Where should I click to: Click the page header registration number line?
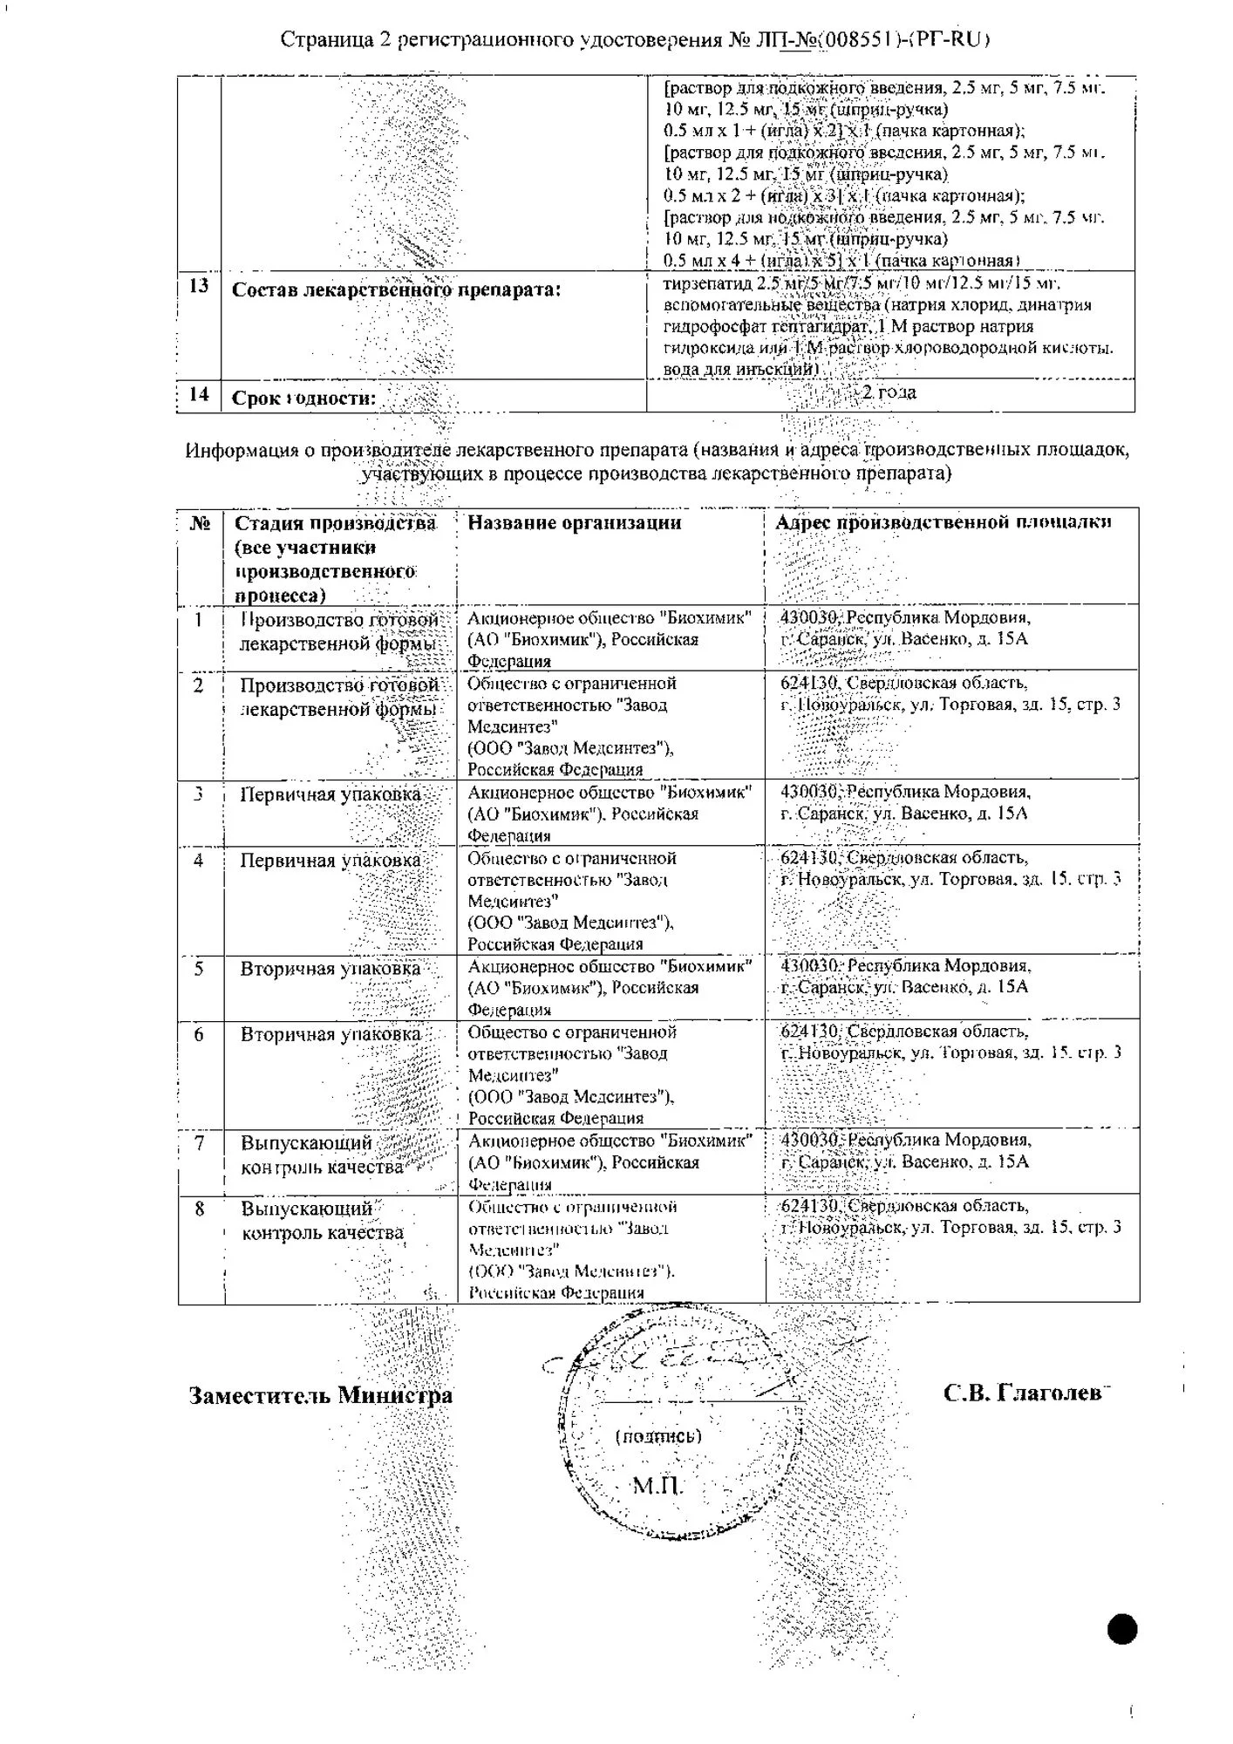tap(635, 40)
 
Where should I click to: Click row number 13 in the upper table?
tap(199, 286)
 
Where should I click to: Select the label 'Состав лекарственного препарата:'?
tap(396, 290)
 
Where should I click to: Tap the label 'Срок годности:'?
tap(303, 399)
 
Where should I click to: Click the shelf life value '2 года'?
tap(889, 392)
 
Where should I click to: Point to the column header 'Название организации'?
tap(574, 522)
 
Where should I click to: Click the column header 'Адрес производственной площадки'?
tap(943, 522)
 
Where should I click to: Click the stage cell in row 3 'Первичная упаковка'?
tap(330, 794)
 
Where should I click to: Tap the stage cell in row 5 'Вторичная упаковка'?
tap(330, 969)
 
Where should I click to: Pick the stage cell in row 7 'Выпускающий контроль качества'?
tap(322, 1155)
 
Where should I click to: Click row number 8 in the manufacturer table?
tap(200, 1209)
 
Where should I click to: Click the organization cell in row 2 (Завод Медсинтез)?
tap(571, 726)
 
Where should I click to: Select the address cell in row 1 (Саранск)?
tap(905, 628)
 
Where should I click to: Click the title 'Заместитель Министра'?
tap(321, 1395)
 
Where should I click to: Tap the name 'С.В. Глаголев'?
tap(1024, 1393)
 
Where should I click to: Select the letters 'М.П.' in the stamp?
tap(657, 1485)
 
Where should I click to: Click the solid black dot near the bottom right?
tap(1123, 1628)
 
